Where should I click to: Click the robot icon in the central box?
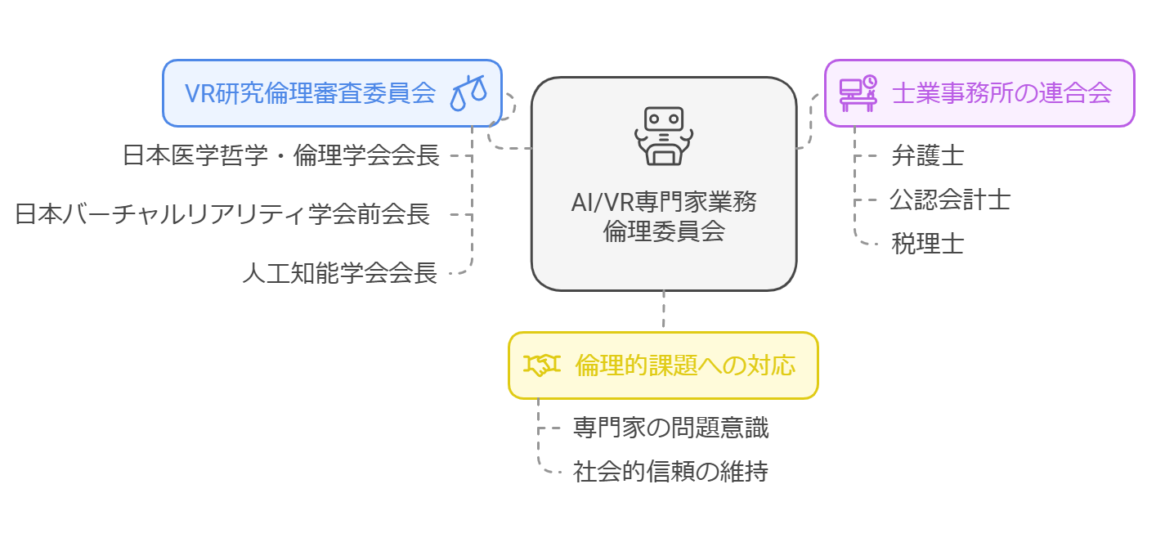click(663, 135)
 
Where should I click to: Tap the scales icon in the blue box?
click(468, 93)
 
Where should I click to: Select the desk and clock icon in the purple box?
click(858, 93)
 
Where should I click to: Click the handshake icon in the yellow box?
click(541, 365)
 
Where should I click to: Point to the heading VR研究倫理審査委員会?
click(311, 93)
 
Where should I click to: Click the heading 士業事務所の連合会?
click(1001, 93)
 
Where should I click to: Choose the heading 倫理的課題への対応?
click(685, 365)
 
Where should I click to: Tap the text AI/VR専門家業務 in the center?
click(663, 202)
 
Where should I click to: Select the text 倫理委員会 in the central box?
click(663, 231)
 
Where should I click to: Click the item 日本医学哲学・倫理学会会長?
click(281, 155)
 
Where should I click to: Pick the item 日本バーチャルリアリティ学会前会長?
click(222, 214)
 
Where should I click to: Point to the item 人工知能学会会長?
click(339, 273)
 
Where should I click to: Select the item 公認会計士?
click(950, 200)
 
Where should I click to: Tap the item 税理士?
click(927, 244)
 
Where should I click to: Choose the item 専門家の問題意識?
click(670, 427)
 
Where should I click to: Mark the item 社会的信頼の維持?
click(670, 472)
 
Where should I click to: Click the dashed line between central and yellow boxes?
click(663, 312)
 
